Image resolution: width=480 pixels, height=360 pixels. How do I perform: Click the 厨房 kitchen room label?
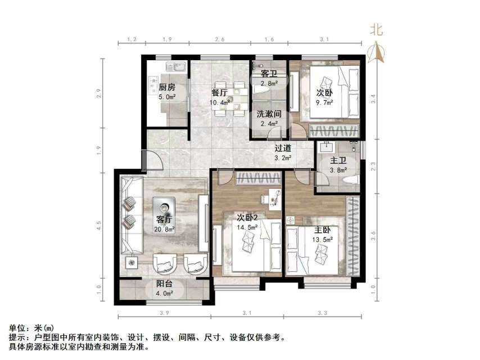[x=166, y=87]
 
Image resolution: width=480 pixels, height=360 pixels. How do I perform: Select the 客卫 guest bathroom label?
[x=268, y=74]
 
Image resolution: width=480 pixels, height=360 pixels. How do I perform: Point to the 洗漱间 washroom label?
[x=269, y=114]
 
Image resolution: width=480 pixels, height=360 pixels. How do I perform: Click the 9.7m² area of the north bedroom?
[x=324, y=103]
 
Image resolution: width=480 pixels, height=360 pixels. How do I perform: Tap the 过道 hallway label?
[x=283, y=148]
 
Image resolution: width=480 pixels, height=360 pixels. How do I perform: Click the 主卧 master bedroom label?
[x=323, y=230]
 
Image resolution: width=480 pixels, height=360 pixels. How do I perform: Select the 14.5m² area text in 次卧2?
[x=247, y=227]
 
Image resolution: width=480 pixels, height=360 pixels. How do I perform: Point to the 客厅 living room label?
[x=164, y=219]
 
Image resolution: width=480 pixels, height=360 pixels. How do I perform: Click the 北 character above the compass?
[x=376, y=30]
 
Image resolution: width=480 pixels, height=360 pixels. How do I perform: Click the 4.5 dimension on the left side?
[x=99, y=226]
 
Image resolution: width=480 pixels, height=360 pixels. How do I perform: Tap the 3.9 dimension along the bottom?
[x=165, y=313]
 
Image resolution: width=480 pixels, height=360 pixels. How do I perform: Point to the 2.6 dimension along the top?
[x=220, y=39]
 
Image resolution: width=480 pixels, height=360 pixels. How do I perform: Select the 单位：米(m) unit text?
[x=31, y=328]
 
